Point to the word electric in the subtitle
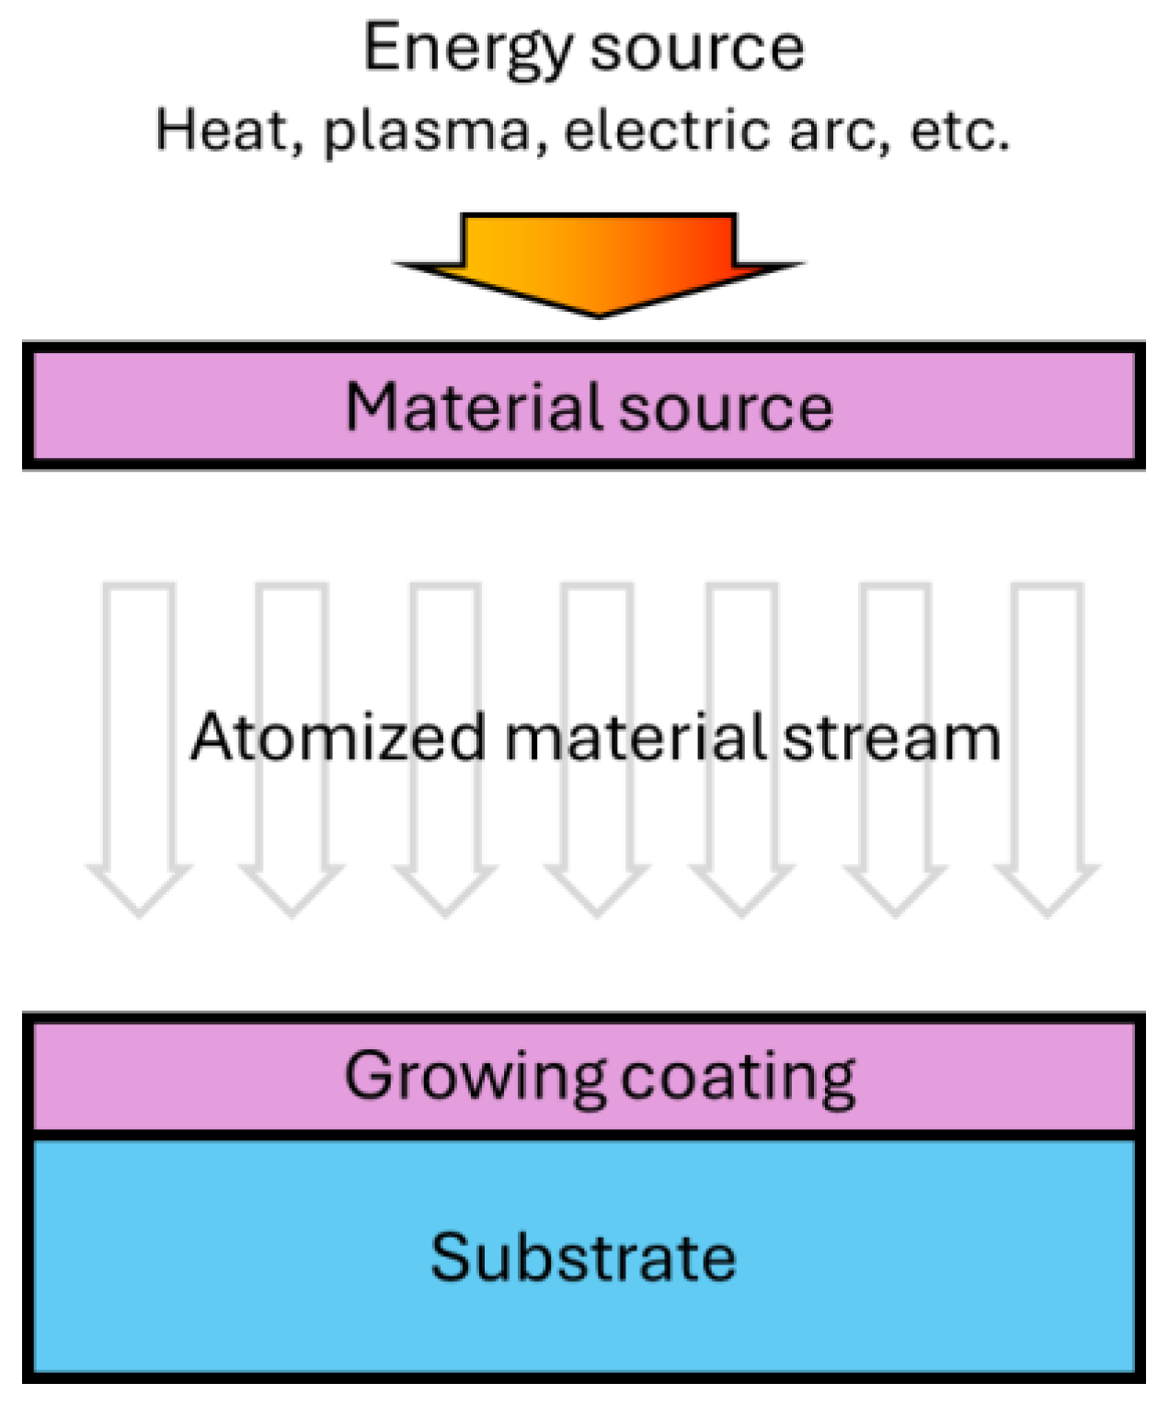click(666, 131)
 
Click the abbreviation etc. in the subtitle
click(960, 131)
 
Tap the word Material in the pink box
click(475, 406)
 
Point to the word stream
click(891, 737)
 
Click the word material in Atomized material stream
click(635, 737)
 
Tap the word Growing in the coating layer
click(475, 1076)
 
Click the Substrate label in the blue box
click(583, 1257)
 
